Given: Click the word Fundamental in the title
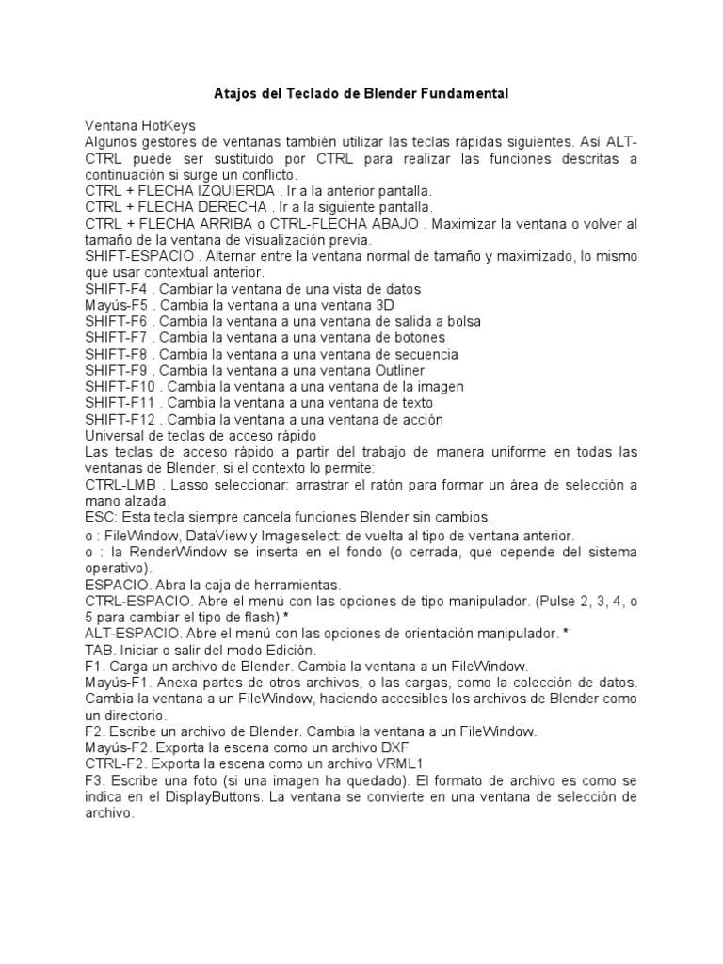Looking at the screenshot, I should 461,94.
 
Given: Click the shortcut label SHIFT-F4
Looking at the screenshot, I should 118,288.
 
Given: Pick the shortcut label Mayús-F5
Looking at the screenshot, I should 118,305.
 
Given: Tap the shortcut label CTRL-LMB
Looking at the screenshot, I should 121,485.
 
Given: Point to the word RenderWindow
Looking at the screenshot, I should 162,553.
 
